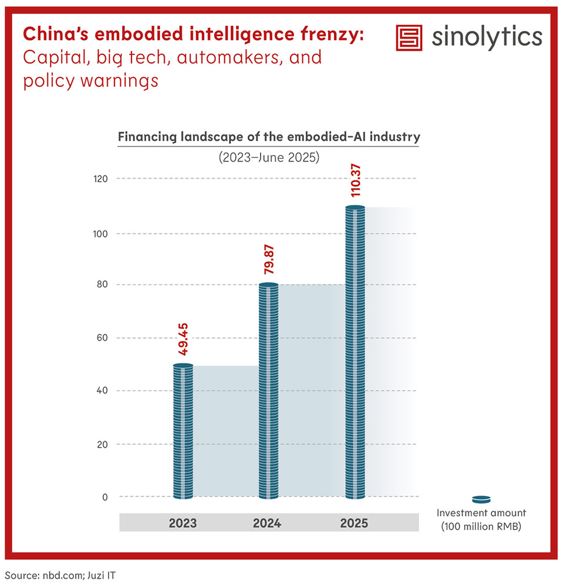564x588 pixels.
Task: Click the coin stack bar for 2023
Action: (x=183, y=432)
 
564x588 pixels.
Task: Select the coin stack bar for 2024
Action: (x=269, y=391)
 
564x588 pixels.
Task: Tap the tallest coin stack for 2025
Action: (x=355, y=352)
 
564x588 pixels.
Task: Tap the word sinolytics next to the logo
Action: (x=487, y=37)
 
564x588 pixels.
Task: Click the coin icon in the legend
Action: (x=481, y=499)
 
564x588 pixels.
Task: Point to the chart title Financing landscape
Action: (x=269, y=137)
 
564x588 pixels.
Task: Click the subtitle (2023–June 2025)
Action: (x=269, y=157)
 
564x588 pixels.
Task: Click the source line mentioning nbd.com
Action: (x=60, y=574)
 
